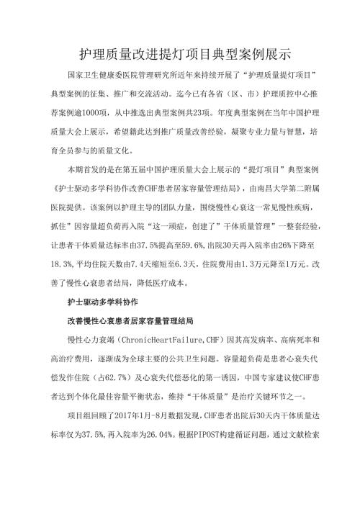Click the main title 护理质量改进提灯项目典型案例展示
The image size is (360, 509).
pyautogui.click(x=179, y=54)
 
